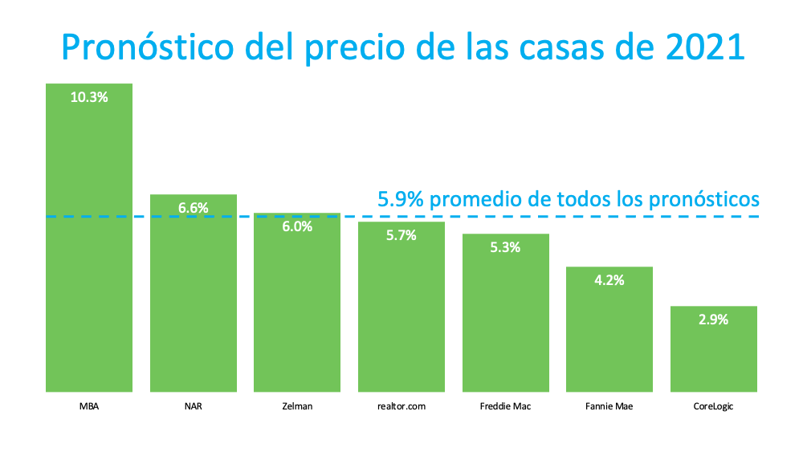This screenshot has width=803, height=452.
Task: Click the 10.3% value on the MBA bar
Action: [x=89, y=97]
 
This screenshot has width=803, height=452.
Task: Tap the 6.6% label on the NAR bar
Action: [x=194, y=208]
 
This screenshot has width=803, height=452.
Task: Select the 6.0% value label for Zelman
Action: [x=297, y=227]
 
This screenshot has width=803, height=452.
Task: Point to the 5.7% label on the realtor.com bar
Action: [x=401, y=235]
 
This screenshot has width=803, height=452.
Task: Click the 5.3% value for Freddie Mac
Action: [x=505, y=247]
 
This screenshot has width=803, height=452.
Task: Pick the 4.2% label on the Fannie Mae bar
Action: [x=609, y=280]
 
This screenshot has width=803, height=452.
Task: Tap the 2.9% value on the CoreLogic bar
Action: [x=713, y=320]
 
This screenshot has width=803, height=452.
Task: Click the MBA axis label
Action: [x=89, y=406]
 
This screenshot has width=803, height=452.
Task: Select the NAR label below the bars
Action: [x=194, y=406]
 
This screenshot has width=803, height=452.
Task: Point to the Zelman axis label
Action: [x=297, y=406]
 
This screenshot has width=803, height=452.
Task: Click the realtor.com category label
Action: [x=401, y=406]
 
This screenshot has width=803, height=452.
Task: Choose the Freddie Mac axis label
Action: [x=505, y=406]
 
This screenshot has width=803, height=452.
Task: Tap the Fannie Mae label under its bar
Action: [x=609, y=406]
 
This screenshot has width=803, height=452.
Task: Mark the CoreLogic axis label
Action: [x=713, y=406]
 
